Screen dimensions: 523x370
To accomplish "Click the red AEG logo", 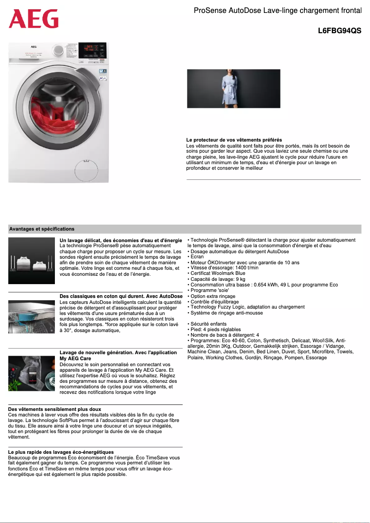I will click(34, 19).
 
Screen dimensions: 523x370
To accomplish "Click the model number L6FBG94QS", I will click(339, 31).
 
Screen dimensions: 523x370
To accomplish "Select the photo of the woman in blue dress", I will click(233, 89).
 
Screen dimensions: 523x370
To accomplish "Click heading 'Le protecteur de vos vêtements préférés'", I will click(234, 140).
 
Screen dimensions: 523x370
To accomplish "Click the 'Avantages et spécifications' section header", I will click(42, 229).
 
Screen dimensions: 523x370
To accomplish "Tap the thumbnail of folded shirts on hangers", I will click(31, 261).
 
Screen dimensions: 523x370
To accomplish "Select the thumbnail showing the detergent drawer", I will click(31, 316).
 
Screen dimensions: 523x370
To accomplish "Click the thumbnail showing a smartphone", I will click(31, 373).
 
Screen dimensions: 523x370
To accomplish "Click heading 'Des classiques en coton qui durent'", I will click(121, 296).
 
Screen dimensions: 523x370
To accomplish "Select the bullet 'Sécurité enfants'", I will click(207, 324).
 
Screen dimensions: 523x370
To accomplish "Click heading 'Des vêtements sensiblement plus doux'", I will click(54, 409).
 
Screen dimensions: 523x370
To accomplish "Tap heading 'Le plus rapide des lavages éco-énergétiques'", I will click(61, 452).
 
